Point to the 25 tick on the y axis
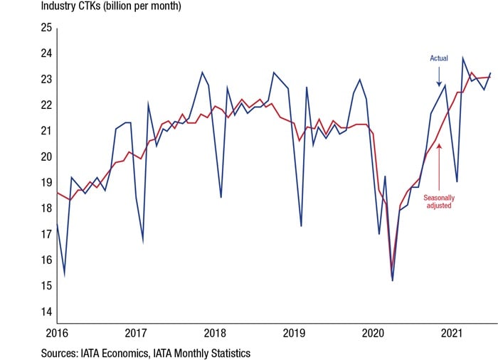coord(45,28)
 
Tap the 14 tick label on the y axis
coord(45,312)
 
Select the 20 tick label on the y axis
coord(45,157)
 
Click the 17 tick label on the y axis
coord(45,234)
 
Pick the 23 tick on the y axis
coord(45,79)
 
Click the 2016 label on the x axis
coord(56,332)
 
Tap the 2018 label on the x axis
coord(214,332)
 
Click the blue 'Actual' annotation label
coord(439,58)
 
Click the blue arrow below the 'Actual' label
coord(440,75)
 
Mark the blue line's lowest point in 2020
coord(393,280)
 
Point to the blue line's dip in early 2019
coord(301,226)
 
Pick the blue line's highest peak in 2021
coord(463,58)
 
